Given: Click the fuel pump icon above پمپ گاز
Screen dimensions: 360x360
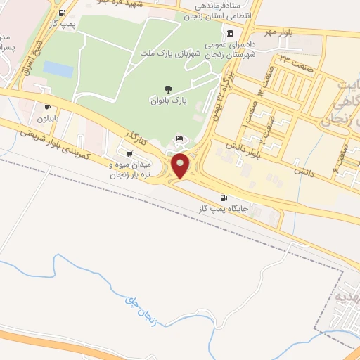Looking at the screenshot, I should (63, 13).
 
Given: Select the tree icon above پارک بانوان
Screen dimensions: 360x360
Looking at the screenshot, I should (168, 89).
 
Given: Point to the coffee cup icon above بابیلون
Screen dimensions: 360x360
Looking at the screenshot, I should (47, 107).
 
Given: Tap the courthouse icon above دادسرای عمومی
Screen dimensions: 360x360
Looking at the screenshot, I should (230, 34).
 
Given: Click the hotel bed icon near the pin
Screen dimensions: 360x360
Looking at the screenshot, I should (181, 137).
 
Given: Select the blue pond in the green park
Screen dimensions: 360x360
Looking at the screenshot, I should (58, 69).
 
